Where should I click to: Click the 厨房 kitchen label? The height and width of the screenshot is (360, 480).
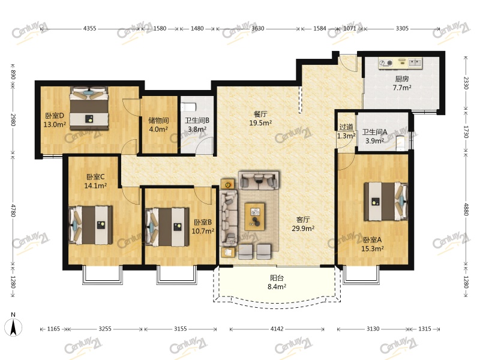[402, 79]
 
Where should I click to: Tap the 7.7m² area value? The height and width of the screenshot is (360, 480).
[402, 88]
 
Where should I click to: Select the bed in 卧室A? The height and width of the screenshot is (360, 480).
[386, 201]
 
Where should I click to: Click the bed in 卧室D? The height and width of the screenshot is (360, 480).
[89, 108]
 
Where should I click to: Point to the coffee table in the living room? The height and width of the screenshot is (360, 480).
[254, 217]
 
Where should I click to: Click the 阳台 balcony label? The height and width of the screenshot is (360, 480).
[277, 278]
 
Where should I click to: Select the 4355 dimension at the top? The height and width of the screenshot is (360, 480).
[89, 28]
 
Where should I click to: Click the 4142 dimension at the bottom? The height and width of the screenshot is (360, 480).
[277, 329]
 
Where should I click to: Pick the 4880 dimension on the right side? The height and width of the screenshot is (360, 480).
[466, 209]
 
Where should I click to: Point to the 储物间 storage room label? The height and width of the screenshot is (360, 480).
[158, 121]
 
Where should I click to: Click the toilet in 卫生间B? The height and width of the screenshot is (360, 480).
[188, 107]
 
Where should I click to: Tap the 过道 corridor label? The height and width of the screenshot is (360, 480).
[346, 127]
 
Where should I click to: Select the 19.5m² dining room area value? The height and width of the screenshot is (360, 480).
[260, 123]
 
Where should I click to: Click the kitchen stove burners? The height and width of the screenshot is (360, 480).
[386, 63]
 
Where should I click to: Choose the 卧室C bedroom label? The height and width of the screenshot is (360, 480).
[95, 177]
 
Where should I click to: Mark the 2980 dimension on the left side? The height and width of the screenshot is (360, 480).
[13, 119]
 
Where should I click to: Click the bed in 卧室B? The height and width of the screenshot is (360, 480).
[167, 227]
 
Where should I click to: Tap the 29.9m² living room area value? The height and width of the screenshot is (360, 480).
[303, 229]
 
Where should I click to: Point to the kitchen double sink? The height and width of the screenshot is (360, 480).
[415, 63]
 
